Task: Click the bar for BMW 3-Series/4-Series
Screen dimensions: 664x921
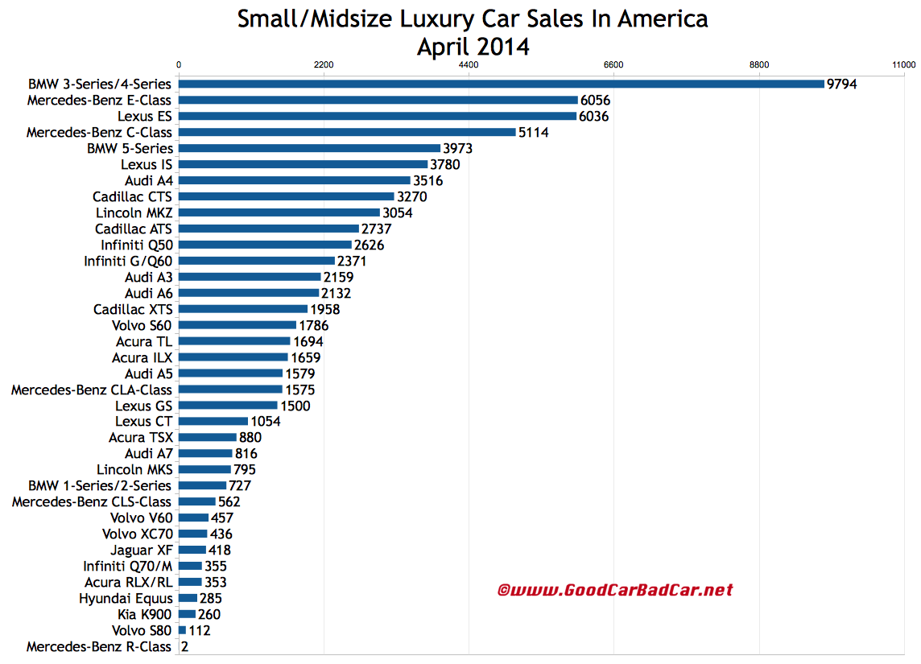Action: click(x=499, y=84)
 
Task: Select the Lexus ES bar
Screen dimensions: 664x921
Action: click(x=377, y=116)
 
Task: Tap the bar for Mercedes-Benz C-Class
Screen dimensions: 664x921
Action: click(x=346, y=132)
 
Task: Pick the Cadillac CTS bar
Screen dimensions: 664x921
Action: click(x=286, y=196)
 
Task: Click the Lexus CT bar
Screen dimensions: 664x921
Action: click(x=213, y=422)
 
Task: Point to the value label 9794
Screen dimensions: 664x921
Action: click(x=841, y=84)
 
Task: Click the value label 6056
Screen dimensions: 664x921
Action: click(x=595, y=100)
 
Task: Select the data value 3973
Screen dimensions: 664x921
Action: click(x=457, y=148)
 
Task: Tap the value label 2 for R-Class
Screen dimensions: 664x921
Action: click(x=186, y=647)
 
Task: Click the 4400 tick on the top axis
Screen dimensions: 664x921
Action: click(x=468, y=64)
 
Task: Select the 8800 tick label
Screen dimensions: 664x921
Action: click(x=758, y=64)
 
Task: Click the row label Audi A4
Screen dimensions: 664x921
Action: click(x=148, y=180)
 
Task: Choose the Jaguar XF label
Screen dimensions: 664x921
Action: click(x=143, y=551)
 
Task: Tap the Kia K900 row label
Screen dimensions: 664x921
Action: click(x=142, y=615)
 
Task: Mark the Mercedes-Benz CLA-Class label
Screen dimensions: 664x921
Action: click(x=91, y=390)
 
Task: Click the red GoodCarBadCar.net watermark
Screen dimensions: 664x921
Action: click(x=615, y=590)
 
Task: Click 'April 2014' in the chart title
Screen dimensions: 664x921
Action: click(x=473, y=46)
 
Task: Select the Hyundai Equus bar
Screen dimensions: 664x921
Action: click(x=188, y=599)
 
